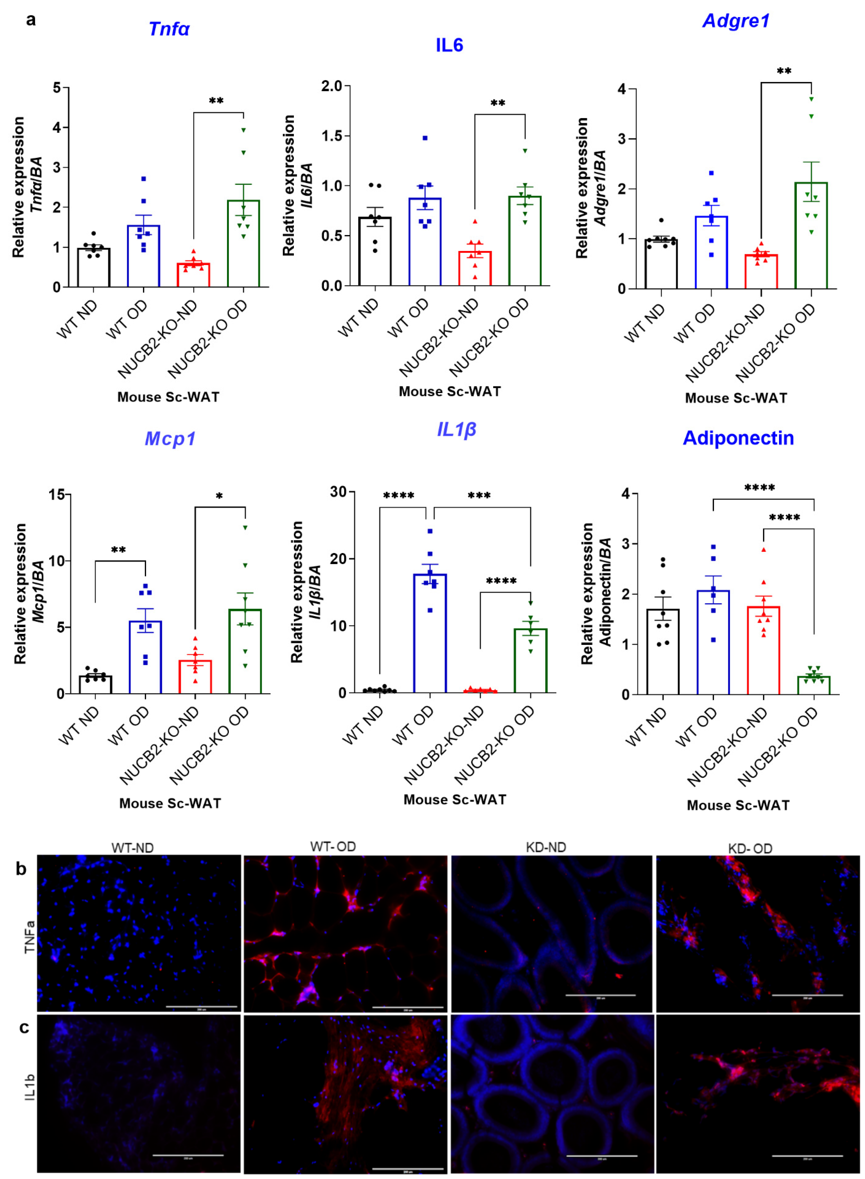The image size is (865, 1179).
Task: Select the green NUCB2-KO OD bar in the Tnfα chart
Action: (244, 243)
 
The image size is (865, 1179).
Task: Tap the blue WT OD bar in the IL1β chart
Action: (430, 633)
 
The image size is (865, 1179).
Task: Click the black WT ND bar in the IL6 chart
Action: (375, 251)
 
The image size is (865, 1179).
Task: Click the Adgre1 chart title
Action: (736, 21)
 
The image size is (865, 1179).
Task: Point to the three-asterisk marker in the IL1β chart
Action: (479, 495)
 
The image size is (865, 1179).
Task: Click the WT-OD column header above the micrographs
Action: (333, 847)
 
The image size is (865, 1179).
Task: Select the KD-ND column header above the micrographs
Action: (546, 847)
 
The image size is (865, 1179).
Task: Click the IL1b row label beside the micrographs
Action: (30, 1086)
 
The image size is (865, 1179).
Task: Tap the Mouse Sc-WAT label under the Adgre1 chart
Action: (736, 398)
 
